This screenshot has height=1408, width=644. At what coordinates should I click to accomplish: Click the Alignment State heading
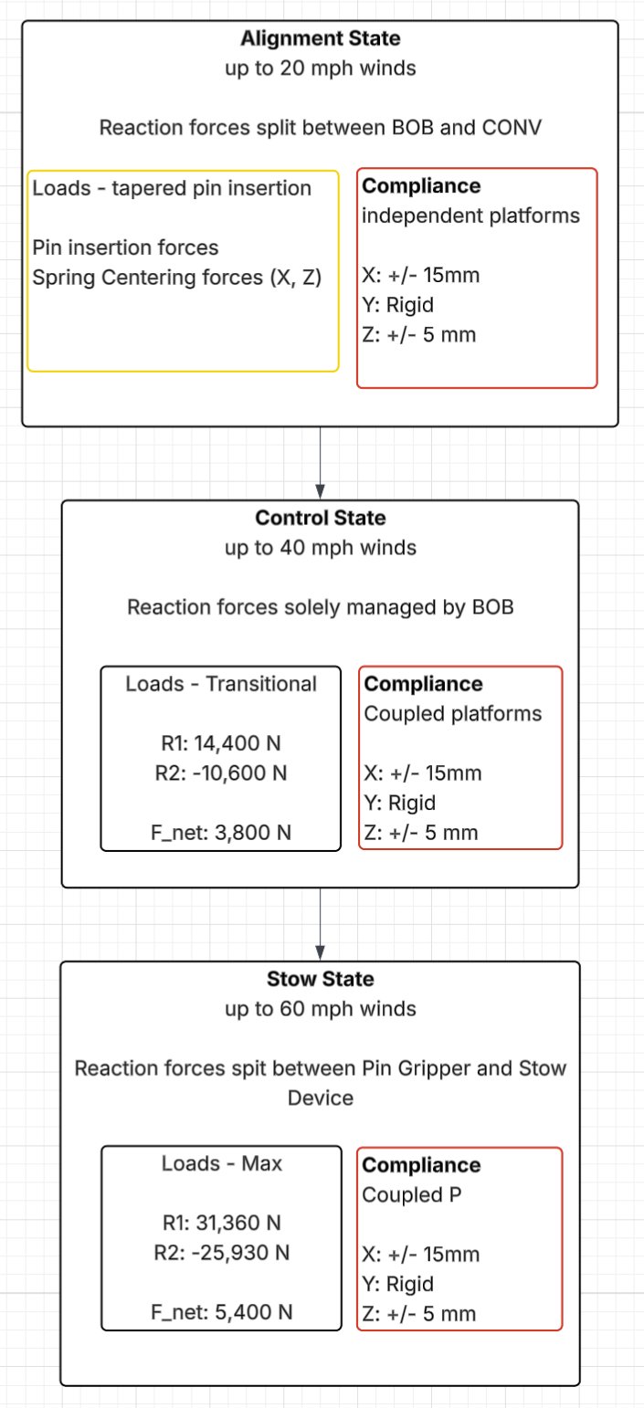tap(320, 39)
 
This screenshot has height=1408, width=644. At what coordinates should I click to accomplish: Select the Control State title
tap(320, 519)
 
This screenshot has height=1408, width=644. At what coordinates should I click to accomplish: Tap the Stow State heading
tap(320, 980)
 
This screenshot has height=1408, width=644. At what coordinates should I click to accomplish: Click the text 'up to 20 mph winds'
tap(320, 68)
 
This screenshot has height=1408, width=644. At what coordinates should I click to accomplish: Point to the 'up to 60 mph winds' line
tap(320, 1009)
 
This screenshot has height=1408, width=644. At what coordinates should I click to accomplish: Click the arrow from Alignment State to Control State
tap(320, 462)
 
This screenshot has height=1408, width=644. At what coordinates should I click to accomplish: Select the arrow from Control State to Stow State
tap(320, 923)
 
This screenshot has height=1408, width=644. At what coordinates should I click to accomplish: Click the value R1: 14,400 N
tap(220, 743)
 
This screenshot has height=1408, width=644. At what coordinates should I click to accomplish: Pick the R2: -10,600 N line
tap(220, 772)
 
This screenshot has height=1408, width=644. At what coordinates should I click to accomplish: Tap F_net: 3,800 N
tap(220, 832)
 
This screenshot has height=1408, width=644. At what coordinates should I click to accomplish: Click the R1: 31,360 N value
tap(221, 1223)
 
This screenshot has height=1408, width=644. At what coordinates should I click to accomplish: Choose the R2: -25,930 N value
tap(221, 1253)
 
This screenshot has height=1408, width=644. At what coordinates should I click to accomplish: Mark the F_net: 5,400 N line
tap(221, 1312)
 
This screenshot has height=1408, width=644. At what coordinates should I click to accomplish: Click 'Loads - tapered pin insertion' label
tap(172, 189)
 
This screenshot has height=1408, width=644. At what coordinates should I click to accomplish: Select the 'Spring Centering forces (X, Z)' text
tap(176, 277)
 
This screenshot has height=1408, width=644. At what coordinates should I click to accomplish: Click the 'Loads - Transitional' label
tap(221, 684)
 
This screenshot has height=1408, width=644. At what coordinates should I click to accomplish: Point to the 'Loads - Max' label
tap(221, 1163)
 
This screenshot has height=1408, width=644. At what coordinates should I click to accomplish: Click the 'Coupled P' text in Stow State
tap(402, 1194)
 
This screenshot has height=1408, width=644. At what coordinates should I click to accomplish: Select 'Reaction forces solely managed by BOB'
tap(320, 606)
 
